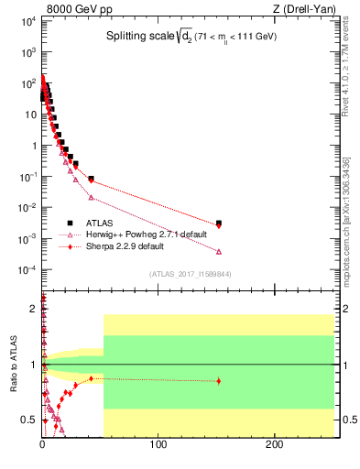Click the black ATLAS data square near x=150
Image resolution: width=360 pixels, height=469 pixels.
(218, 223)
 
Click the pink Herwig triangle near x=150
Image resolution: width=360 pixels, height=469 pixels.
(218, 251)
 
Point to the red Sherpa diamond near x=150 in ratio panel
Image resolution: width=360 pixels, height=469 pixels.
(218, 381)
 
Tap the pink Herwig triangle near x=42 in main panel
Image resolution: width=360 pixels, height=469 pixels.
(91, 197)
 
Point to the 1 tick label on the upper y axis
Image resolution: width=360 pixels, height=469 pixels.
(32, 145)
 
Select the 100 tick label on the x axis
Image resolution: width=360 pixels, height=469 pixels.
(158, 444)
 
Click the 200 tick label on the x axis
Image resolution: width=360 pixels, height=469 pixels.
(273, 444)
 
